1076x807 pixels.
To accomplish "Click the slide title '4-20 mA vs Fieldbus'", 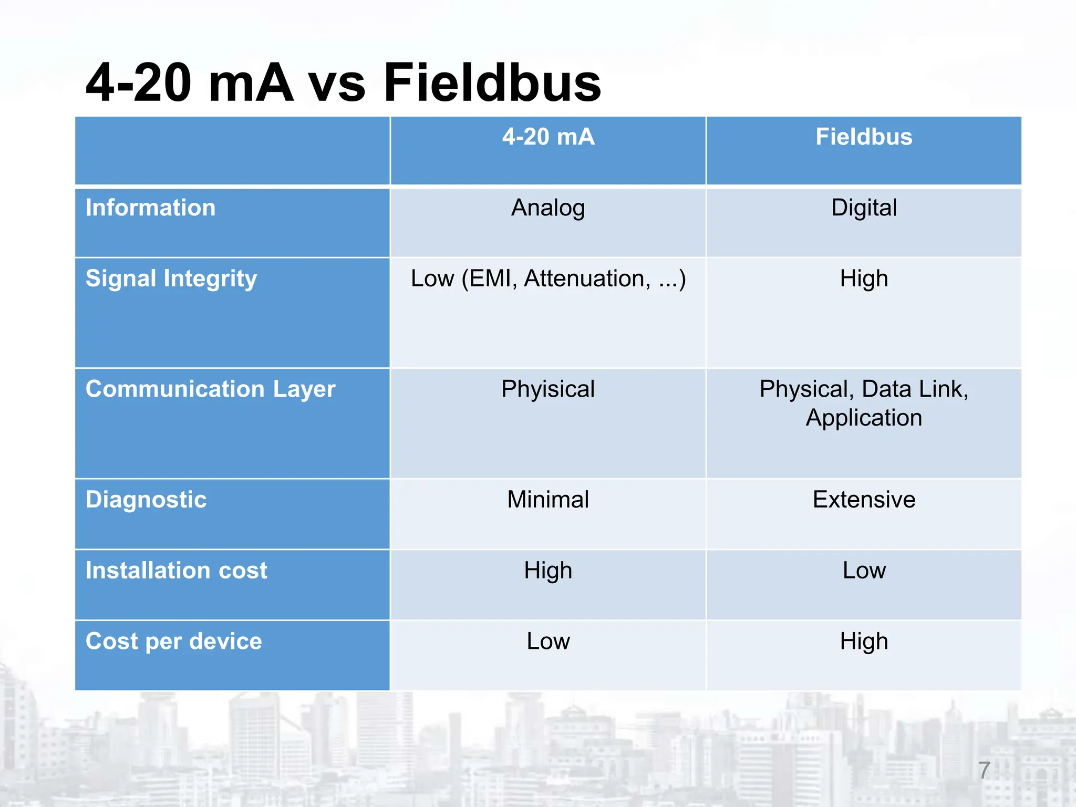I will (x=343, y=83).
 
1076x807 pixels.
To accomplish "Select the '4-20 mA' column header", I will (x=548, y=137).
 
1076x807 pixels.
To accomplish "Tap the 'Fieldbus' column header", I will (x=864, y=137).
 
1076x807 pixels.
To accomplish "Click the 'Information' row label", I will (x=150, y=208).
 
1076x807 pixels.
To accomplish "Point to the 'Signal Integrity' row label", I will (x=171, y=278).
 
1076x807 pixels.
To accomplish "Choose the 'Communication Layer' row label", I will (x=210, y=389).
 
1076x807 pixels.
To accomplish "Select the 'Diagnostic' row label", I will (x=146, y=500).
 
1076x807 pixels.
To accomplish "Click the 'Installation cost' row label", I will (x=176, y=571).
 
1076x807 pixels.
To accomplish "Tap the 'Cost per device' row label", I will (x=173, y=642).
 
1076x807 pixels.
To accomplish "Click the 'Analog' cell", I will (x=548, y=208).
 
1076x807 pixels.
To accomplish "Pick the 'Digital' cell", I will (x=864, y=208).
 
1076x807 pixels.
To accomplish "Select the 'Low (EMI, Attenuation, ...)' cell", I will (x=548, y=279).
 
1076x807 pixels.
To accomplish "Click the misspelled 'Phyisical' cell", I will (x=548, y=390).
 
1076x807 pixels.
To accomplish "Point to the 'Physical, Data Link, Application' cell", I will (x=864, y=403).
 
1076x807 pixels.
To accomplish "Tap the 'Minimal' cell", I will (x=548, y=500).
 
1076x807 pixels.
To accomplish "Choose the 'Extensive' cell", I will (x=864, y=500).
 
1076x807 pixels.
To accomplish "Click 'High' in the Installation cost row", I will (x=548, y=571).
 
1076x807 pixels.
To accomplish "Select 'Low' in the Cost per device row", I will (x=548, y=642).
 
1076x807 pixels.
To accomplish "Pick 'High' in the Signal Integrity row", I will (x=864, y=279).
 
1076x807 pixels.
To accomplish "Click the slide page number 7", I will (x=984, y=770).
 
